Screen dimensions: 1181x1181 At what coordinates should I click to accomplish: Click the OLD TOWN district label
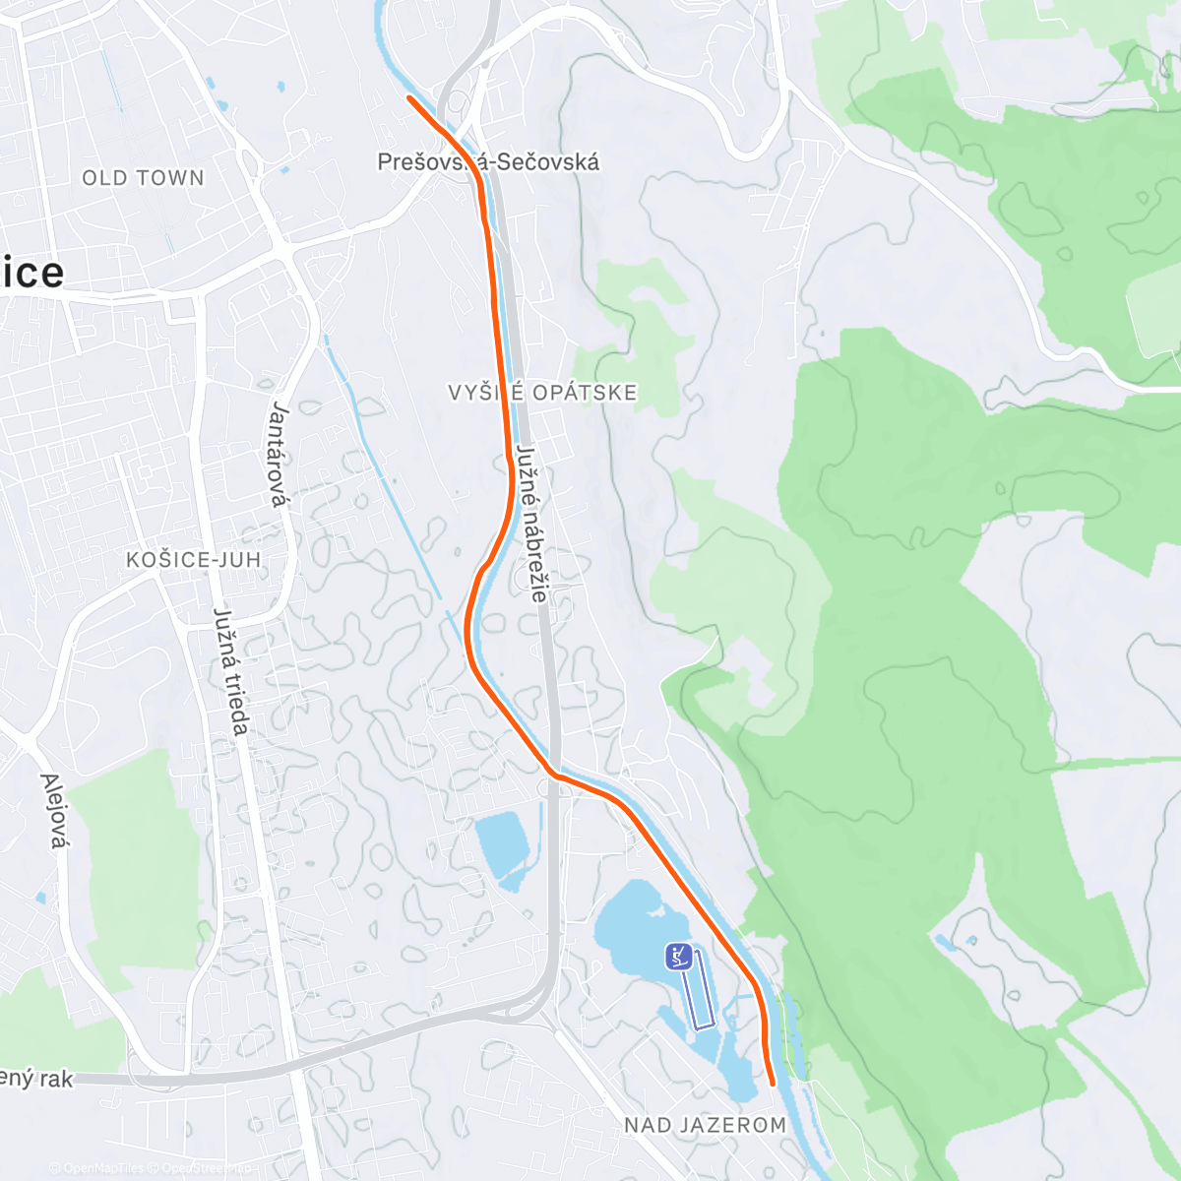(x=143, y=178)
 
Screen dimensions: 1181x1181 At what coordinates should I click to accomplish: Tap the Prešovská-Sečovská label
(x=488, y=162)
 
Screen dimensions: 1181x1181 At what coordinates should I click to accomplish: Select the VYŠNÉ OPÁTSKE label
(x=542, y=393)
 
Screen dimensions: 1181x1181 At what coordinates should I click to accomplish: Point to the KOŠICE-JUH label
(x=194, y=560)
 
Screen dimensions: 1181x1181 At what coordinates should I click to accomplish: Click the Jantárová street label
(x=280, y=454)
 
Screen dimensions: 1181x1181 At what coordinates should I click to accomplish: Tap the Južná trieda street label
(x=231, y=671)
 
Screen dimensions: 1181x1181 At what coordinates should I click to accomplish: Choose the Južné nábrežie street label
(x=530, y=525)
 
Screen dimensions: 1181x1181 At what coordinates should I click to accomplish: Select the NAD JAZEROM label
(x=705, y=1124)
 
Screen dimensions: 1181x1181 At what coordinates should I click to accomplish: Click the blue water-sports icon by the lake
(x=677, y=956)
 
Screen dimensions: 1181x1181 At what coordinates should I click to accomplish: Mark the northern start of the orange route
(x=409, y=97)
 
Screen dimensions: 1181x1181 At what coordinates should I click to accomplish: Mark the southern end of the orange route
(x=773, y=1083)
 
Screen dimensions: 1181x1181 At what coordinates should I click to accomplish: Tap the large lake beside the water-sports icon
(x=630, y=920)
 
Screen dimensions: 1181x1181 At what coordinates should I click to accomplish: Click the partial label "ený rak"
(x=36, y=1079)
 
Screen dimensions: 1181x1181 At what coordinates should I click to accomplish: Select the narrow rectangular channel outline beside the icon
(x=703, y=989)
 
